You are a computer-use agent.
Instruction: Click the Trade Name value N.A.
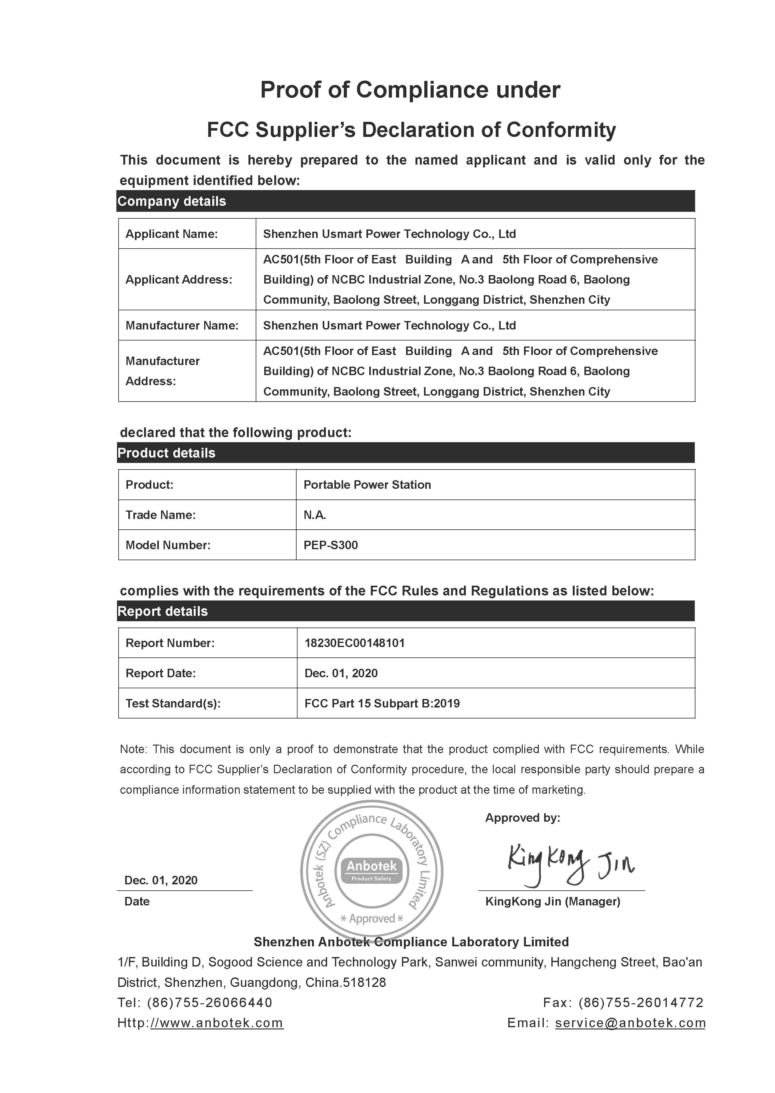[x=315, y=515]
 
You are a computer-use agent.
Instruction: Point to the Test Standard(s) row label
[x=173, y=703]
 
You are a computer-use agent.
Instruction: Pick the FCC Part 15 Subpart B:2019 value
[x=382, y=703]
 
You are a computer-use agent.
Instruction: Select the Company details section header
[x=172, y=201]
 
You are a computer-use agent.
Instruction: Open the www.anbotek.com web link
[x=217, y=1023]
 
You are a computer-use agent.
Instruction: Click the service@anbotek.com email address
[x=630, y=1023]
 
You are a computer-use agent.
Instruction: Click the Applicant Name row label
[x=171, y=234]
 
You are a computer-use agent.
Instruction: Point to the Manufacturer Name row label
[x=182, y=326]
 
